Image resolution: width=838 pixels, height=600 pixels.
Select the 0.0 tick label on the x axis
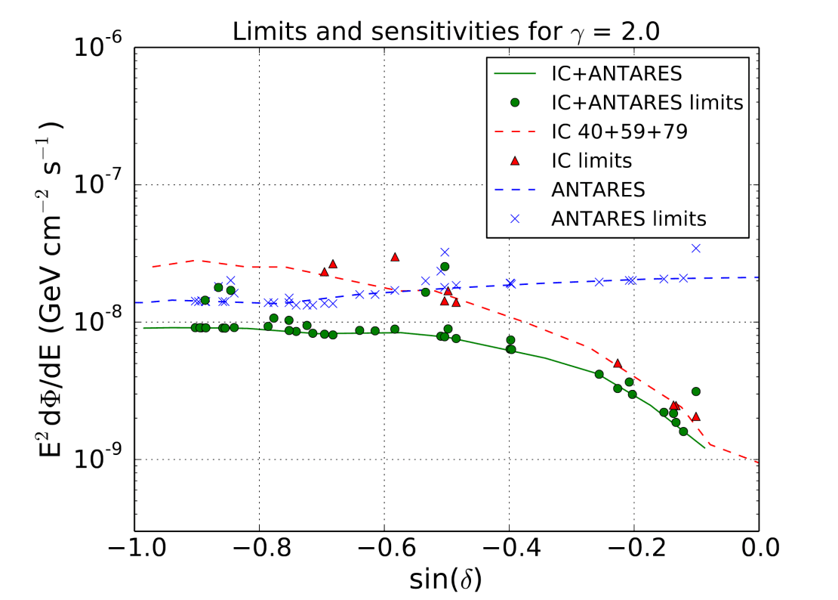[x=759, y=546]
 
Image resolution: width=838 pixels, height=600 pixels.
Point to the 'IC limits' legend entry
[x=592, y=160]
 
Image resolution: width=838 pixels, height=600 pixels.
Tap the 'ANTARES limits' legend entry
[x=629, y=218]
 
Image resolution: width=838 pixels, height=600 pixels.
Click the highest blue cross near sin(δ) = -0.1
[x=696, y=248]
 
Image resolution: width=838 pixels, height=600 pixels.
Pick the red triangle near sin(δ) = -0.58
[x=395, y=257]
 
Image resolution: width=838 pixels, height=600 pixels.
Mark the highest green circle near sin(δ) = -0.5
[x=445, y=267]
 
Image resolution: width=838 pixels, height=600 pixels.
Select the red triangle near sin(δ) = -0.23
[x=618, y=363]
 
